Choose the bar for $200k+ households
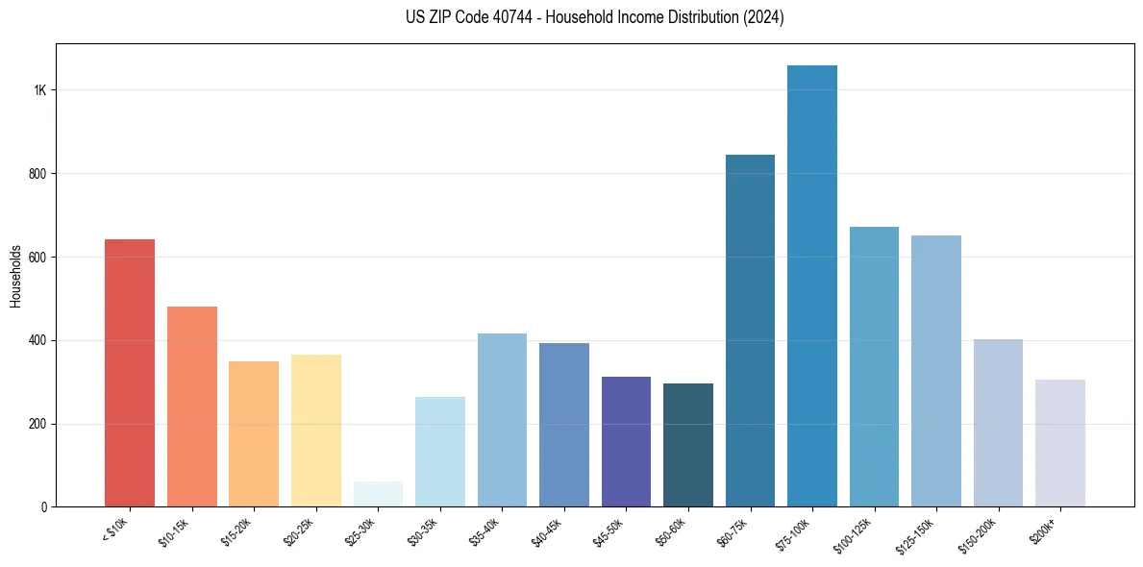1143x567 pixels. (1060, 443)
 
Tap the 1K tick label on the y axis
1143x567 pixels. (39, 90)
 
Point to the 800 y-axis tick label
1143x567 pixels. (37, 174)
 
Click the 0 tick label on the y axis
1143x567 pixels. (43, 507)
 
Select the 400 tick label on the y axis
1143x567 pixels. (37, 340)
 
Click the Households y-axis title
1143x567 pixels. (15, 276)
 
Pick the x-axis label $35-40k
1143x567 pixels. (486, 530)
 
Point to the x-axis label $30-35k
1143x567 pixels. (424, 530)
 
